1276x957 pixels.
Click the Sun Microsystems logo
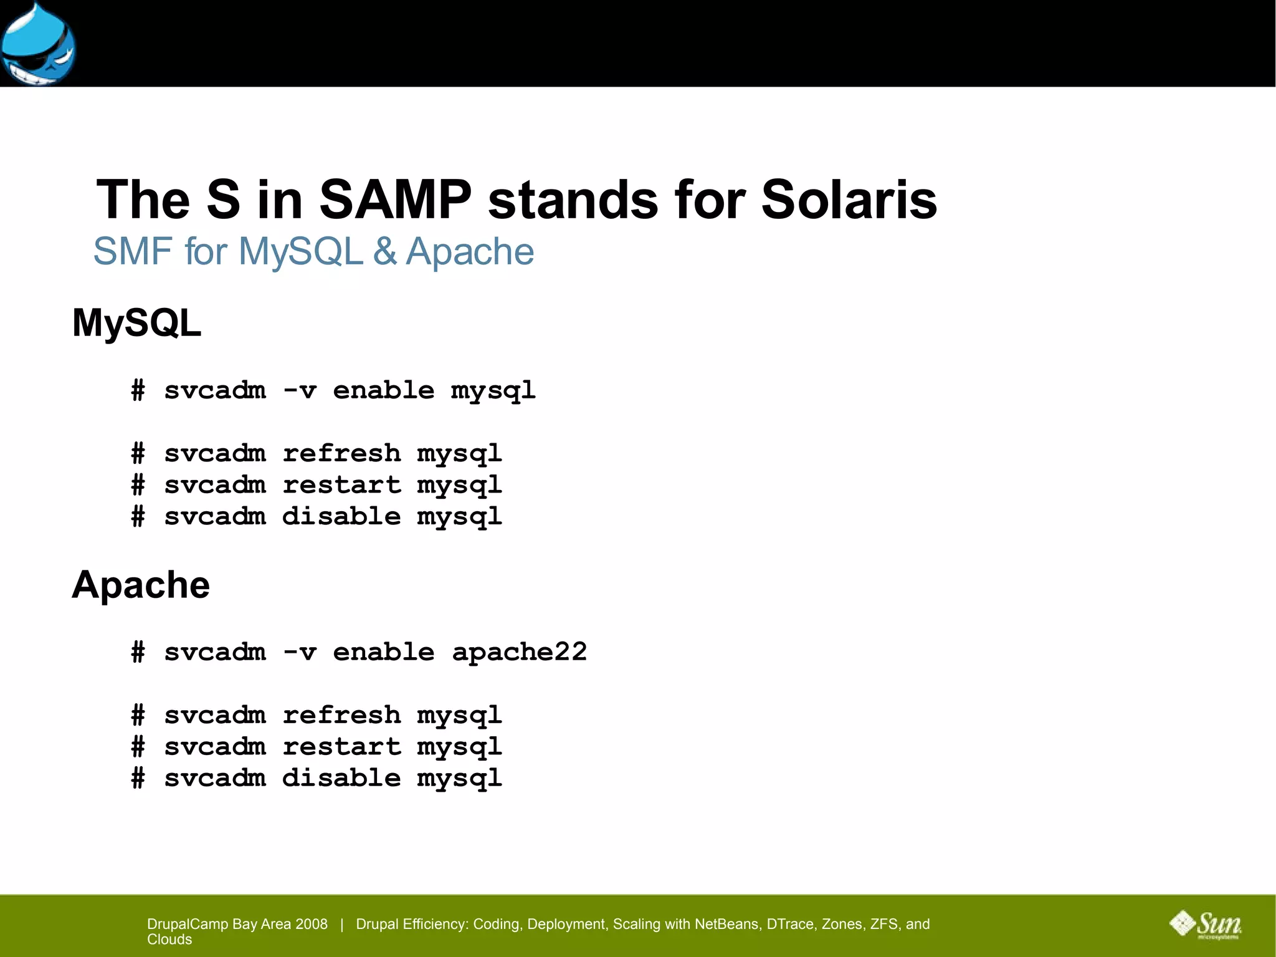point(1206,924)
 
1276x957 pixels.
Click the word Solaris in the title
point(849,200)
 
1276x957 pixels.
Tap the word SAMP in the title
point(395,200)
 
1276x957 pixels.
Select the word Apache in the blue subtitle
point(470,252)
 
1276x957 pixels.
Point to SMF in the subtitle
point(133,252)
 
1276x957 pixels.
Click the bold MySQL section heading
point(136,323)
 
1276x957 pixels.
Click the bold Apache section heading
point(141,585)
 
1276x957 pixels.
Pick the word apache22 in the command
point(519,652)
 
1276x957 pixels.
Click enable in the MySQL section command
point(383,390)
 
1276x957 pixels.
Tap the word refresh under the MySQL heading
point(341,453)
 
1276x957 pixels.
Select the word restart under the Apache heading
point(341,746)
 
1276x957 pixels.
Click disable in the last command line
point(341,778)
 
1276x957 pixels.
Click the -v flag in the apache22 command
point(299,652)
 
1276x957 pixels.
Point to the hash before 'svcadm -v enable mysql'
point(138,391)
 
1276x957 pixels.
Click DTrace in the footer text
point(790,924)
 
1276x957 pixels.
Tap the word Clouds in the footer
point(169,940)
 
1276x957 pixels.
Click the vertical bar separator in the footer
point(341,924)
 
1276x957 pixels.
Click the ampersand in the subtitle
point(384,252)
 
